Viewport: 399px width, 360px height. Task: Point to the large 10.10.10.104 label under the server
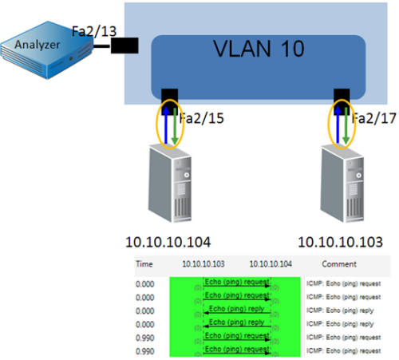click(171, 242)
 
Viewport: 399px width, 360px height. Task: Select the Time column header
click(145, 263)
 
